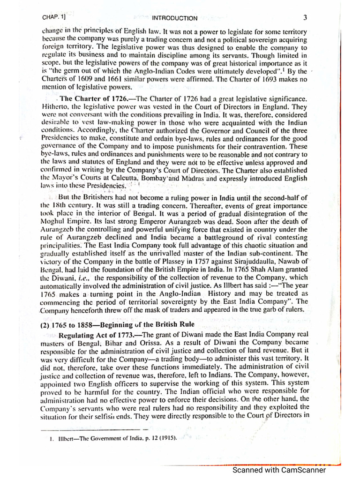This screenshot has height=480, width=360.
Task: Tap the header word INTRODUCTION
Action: [x=174, y=18]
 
